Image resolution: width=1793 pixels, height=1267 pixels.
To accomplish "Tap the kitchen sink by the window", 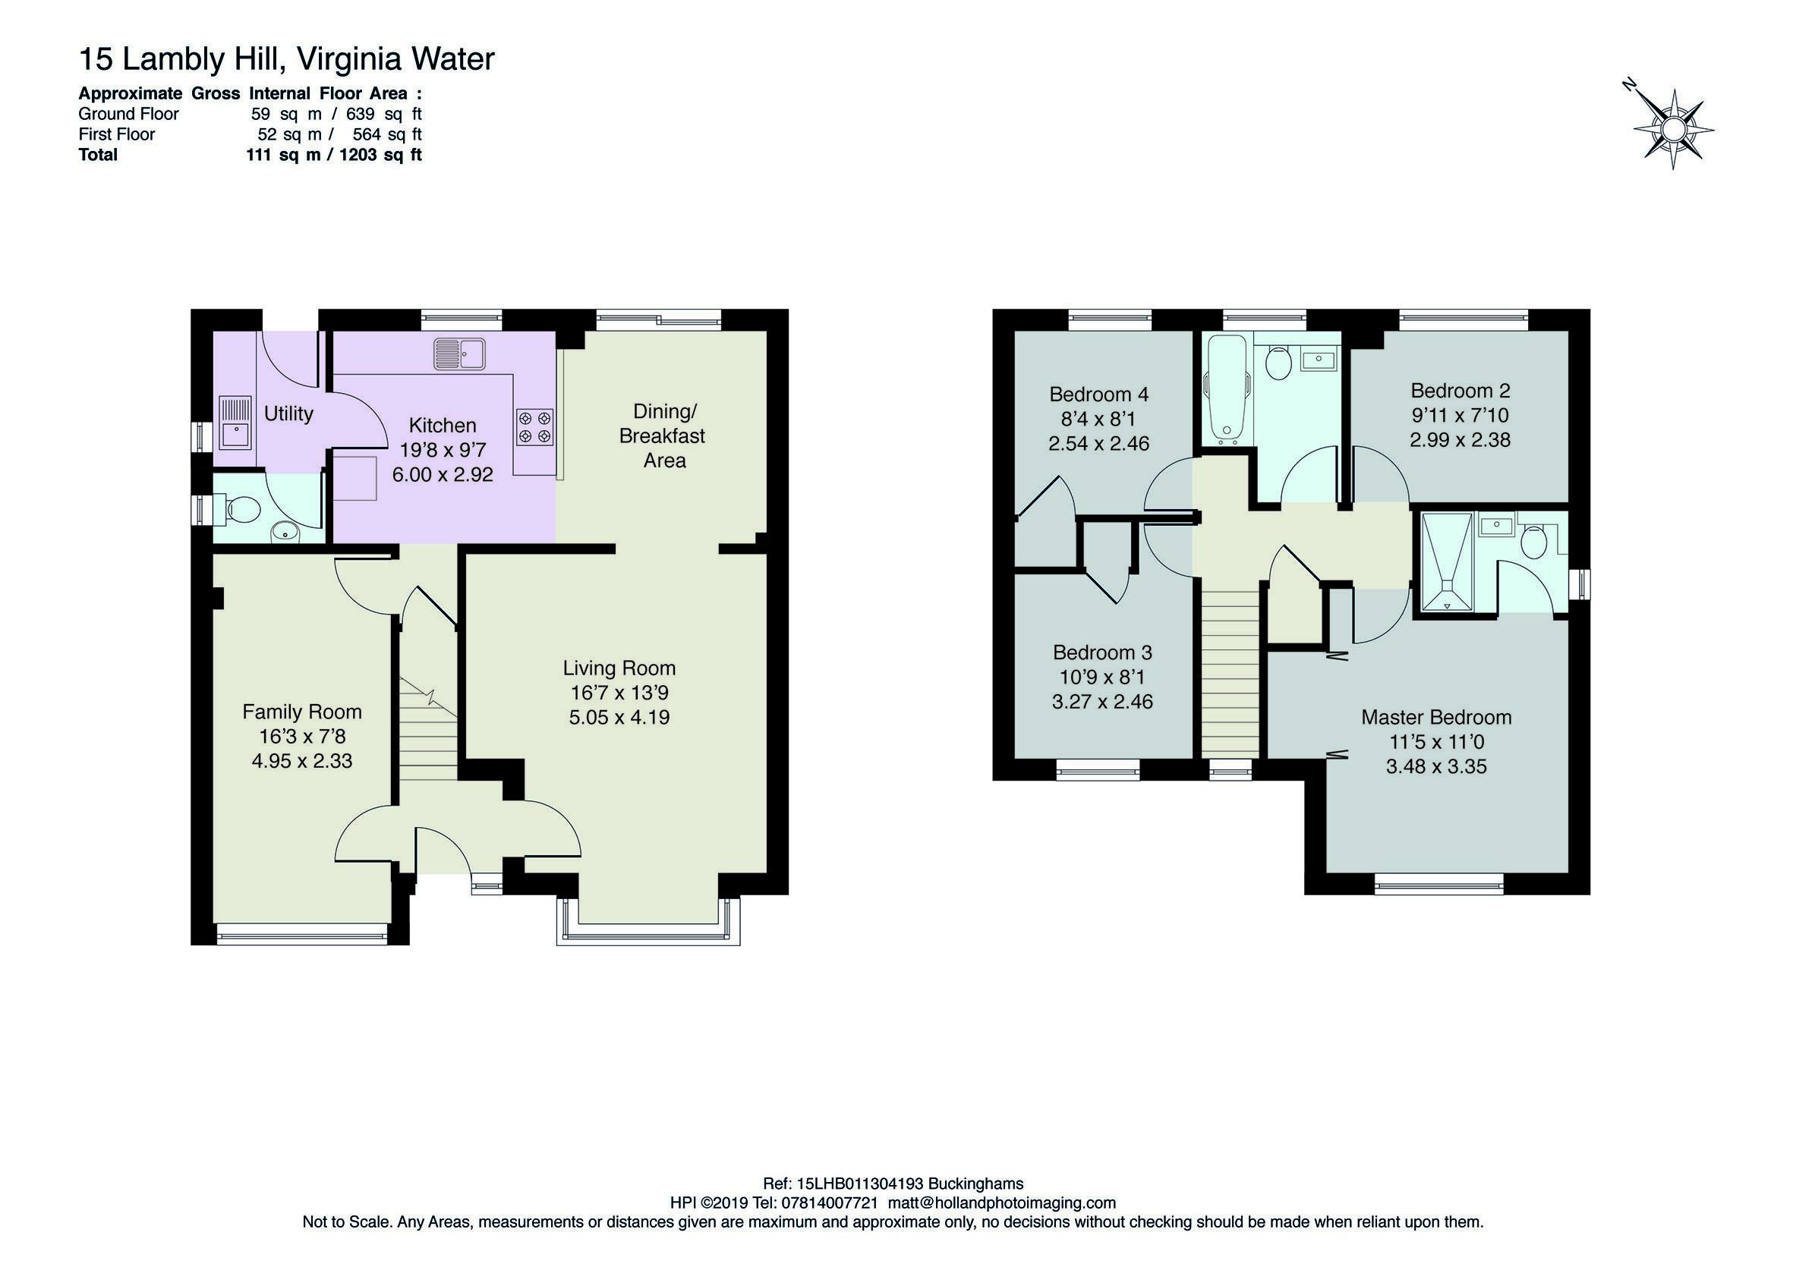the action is (459, 354).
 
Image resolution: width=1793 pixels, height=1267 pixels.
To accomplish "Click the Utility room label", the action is (288, 413).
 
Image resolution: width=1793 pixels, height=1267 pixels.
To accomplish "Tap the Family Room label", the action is (302, 712).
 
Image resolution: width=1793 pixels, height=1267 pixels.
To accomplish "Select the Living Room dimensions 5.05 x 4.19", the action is (619, 718).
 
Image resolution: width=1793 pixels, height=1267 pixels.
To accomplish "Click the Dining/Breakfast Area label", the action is (663, 435).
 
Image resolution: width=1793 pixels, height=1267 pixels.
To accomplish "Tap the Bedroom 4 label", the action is (1098, 395).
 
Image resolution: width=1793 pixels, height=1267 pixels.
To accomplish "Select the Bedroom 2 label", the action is (1461, 390).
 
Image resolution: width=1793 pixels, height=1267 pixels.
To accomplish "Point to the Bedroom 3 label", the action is (1102, 652).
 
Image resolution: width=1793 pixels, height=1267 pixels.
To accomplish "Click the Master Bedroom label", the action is (1436, 718).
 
